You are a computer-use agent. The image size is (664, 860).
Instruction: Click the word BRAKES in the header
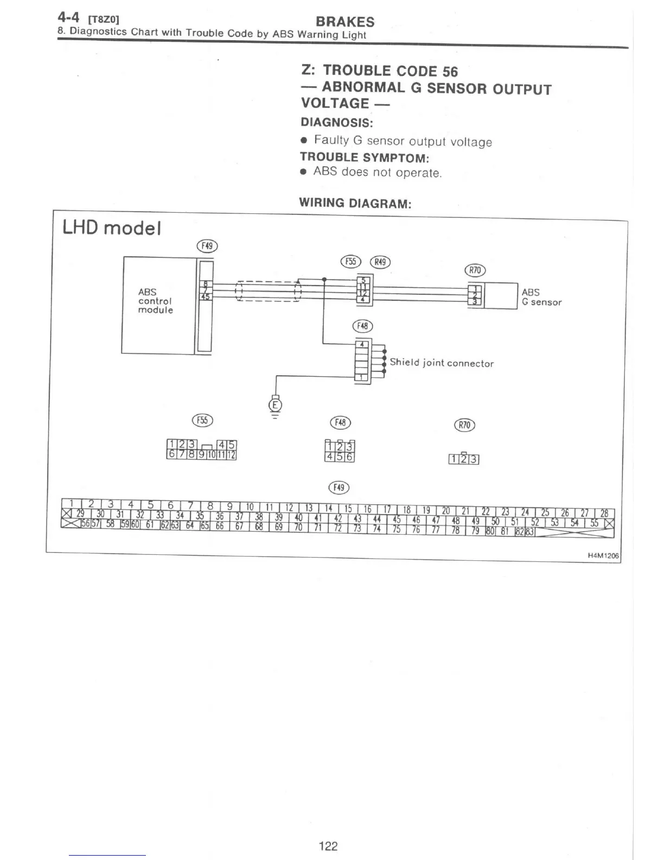pos(344,22)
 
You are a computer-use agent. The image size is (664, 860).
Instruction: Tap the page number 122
pos(328,845)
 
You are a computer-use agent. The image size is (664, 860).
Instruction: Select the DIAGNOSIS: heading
pos(336,123)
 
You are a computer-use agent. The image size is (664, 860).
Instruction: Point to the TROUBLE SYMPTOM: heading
pos(364,157)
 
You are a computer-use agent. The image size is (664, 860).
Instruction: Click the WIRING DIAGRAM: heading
pos(355,204)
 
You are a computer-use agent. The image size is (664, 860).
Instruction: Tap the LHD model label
pos(112,227)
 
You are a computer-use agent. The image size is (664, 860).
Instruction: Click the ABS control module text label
pos(155,301)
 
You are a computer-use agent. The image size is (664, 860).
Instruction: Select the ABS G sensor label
pos(541,297)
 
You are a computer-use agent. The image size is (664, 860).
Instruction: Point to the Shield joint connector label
pos(441,363)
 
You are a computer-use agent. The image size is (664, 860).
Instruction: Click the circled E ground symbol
pos(276,405)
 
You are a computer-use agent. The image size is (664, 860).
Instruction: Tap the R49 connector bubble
pos(380,262)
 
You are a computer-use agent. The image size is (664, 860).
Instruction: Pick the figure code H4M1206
pos(603,555)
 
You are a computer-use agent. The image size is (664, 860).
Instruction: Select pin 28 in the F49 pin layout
pos(604,513)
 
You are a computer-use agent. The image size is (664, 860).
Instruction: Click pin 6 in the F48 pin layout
pos(350,457)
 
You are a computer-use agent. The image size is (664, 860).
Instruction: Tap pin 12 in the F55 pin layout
pos(232,455)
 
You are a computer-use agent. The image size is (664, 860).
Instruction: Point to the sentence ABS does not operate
pos(378,172)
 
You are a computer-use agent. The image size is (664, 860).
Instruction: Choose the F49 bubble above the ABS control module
pos(207,246)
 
